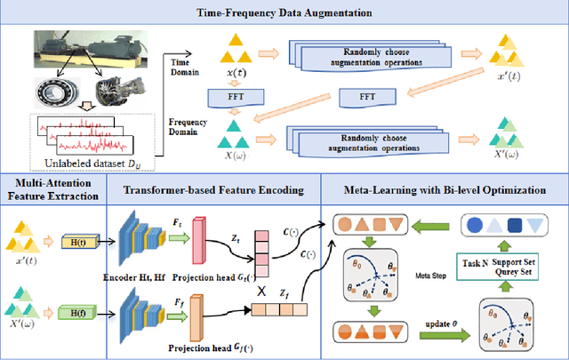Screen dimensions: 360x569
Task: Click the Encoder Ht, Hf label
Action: point(139,276)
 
